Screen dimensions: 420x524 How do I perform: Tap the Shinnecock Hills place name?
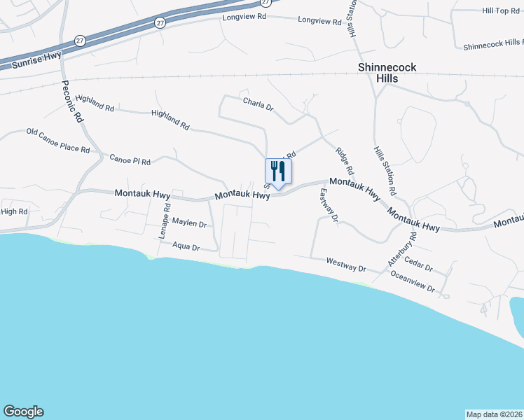tap(387, 73)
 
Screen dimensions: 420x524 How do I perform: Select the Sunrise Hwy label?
tap(36, 59)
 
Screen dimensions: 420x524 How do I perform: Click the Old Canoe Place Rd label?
tap(58, 141)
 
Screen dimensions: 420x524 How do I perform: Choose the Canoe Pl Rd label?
tap(130, 160)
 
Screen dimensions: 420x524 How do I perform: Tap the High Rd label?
tap(14, 211)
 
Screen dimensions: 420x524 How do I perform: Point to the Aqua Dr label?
tap(186, 247)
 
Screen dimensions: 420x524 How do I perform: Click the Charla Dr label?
tap(258, 105)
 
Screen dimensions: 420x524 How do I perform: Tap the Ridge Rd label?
tap(344, 161)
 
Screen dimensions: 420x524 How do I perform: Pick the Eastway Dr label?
tap(328, 206)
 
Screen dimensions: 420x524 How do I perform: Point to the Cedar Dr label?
tap(420, 268)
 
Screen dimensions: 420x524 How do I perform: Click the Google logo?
tap(23, 412)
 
